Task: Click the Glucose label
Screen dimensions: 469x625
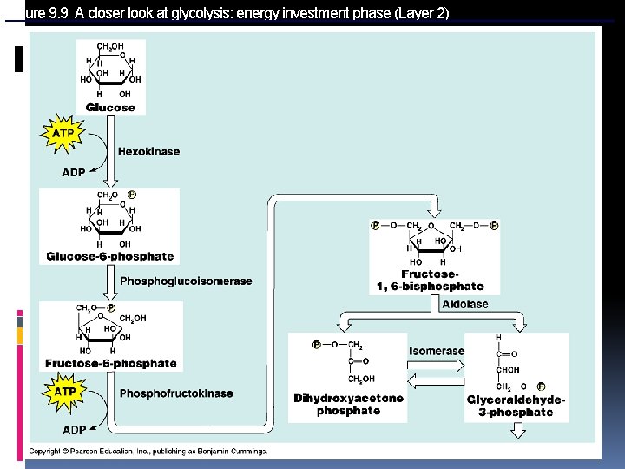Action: [110, 108]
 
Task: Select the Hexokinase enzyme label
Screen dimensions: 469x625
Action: [149, 152]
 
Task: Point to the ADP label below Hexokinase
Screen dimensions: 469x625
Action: [74, 173]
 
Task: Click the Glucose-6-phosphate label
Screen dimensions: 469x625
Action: [110, 257]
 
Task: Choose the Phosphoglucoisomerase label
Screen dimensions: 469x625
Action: [186, 281]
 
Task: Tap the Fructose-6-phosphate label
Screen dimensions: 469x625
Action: [111, 364]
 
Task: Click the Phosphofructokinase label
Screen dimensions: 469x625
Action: [176, 393]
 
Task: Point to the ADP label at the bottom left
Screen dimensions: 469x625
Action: [74, 430]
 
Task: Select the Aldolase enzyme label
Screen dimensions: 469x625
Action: [465, 305]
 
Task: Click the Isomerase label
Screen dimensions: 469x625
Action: [437, 352]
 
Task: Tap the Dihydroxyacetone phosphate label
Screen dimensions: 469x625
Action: [348, 405]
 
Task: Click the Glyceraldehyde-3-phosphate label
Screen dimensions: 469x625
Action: [516, 406]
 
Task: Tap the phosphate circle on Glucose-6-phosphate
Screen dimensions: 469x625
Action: [132, 195]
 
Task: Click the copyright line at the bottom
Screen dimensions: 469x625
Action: [148, 452]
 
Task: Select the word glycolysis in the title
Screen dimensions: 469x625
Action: [195, 13]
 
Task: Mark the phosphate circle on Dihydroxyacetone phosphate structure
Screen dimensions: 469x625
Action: [318, 345]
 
